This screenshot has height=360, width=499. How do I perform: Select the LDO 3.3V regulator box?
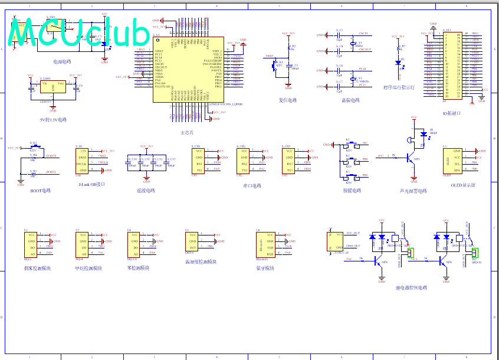click(x=53, y=87)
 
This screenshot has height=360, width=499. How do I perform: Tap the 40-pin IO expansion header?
click(x=453, y=65)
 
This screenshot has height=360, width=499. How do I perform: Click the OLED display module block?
click(x=453, y=160)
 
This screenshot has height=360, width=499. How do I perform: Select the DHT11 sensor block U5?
click(x=192, y=243)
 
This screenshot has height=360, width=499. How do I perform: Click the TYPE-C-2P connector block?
click(x=335, y=241)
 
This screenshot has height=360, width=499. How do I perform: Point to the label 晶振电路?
click(x=350, y=100)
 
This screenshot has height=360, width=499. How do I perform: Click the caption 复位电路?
click(x=288, y=100)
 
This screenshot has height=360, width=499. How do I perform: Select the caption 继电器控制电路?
click(x=411, y=288)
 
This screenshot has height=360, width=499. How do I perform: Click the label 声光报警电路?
click(x=413, y=191)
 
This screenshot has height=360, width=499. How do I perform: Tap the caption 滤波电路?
click(x=145, y=191)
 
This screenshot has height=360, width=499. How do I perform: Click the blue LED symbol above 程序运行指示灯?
click(x=398, y=63)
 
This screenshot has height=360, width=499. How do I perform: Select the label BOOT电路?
click(x=41, y=191)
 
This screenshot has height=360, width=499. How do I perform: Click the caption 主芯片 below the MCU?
click(x=187, y=133)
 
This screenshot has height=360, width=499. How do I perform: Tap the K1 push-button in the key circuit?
click(x=348, y=145)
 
